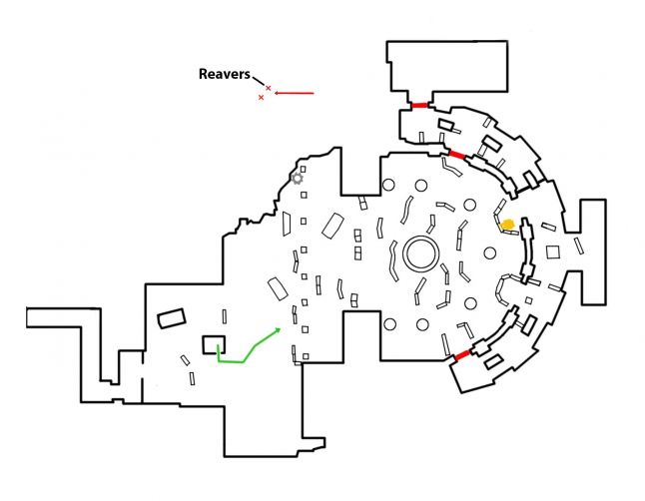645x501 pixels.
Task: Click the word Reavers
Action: click(x=225, y=74)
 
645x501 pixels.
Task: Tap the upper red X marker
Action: click(x=269, y=88)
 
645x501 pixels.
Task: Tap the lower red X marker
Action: click(x=262, y=98)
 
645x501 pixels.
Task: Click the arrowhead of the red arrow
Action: click(x=278, y=94)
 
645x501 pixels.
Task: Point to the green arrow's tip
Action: click(x=282, y=326)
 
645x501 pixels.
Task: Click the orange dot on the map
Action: click(x=508, y=225)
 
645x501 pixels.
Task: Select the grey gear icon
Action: click(x=297, y=179)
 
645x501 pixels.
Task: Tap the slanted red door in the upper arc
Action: click(x=456, y=154)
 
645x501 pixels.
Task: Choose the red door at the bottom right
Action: click(x=461, y=355)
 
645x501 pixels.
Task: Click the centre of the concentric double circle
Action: click(x=420, y=253)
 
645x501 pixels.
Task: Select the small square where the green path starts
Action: click(x=212, y=344)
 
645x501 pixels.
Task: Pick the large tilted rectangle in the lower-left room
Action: click(x=172, y=319)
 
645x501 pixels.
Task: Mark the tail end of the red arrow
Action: click(x=315, y=94)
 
